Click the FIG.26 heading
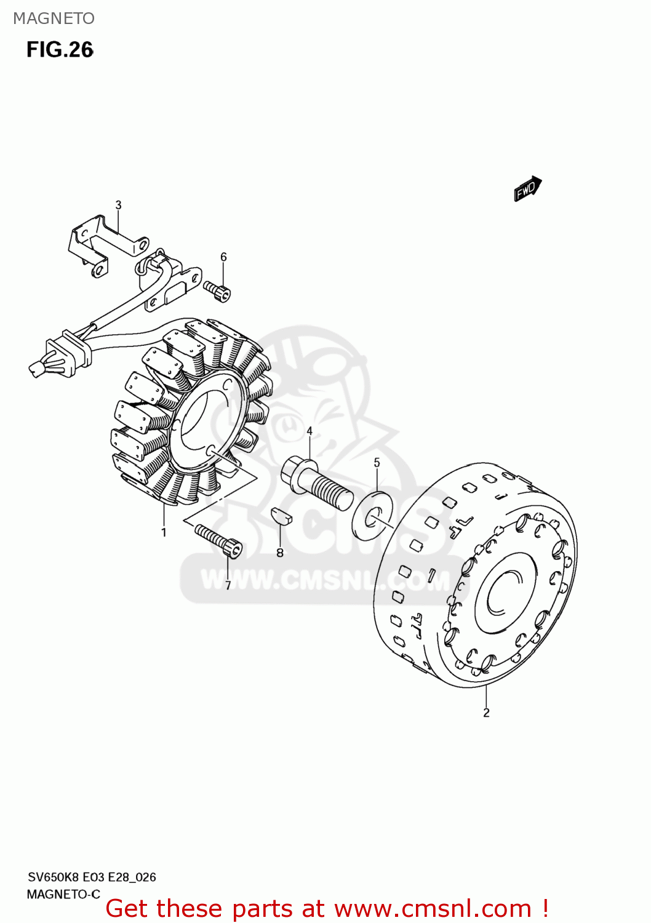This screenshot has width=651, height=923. point(60,50)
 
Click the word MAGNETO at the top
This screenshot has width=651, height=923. point(54,18)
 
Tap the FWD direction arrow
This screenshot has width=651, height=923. point(527,188)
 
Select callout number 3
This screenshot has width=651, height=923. point(118,205)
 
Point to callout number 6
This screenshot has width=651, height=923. point(223,257)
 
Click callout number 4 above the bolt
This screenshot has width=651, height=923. point(310,431)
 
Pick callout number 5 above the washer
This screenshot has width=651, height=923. point(377,462)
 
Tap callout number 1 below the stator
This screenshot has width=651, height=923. point(164,532)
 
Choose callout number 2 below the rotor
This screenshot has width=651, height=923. point(486,713)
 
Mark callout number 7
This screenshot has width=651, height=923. point(228,586)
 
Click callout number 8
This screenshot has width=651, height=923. point(280,553)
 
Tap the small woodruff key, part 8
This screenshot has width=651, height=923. point(281,515)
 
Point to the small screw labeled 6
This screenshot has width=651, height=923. point(217,290)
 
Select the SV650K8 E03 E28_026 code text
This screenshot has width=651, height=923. point(92,877)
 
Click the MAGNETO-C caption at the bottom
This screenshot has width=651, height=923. point(63,894)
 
